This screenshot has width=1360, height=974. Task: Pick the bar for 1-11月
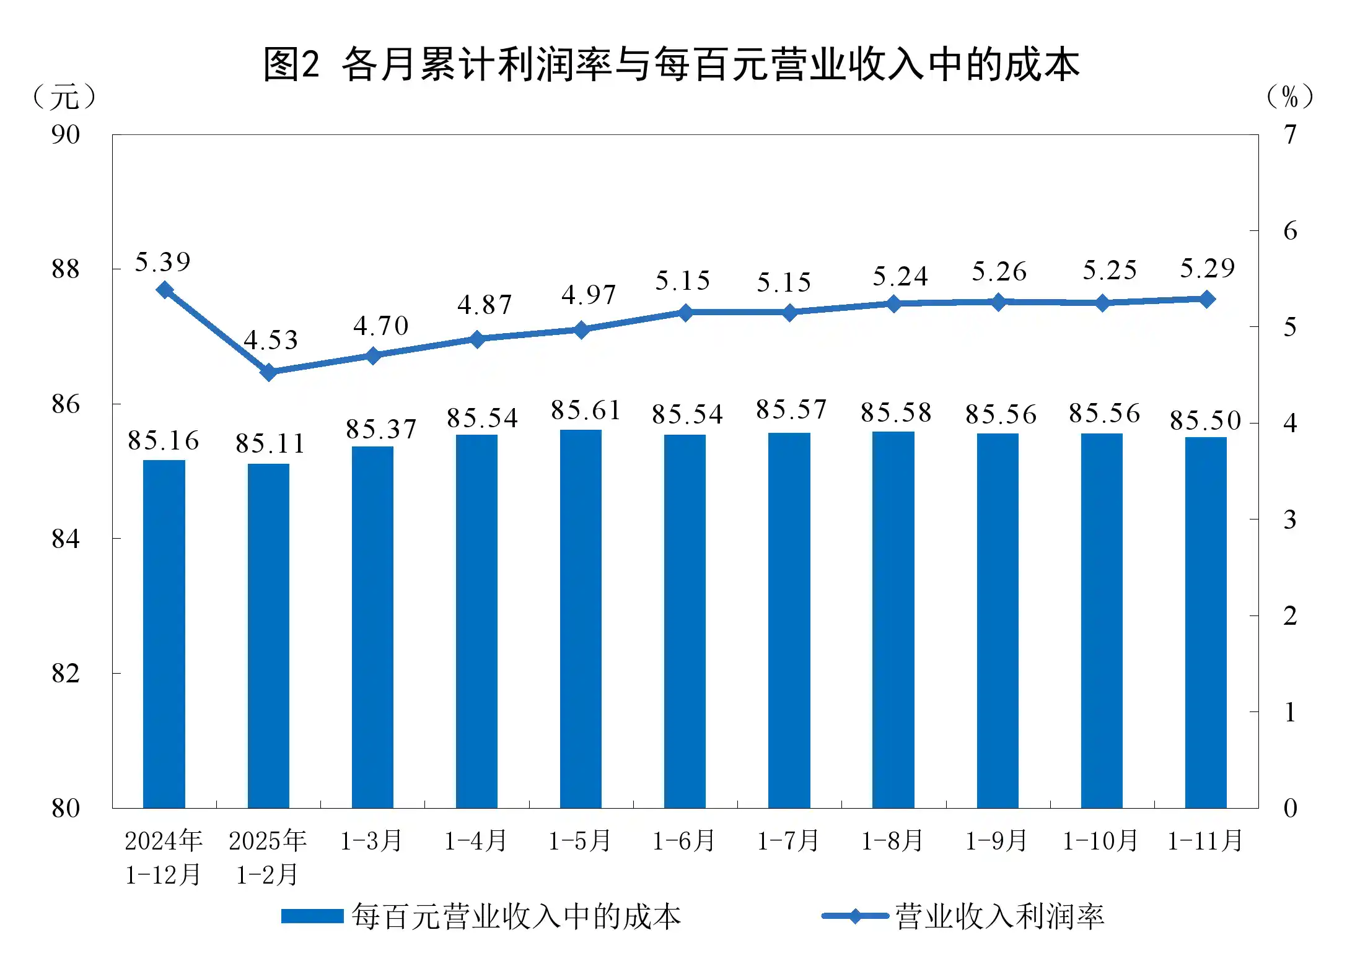pos(1206,622)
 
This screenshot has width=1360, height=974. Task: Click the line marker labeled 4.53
pos(269,372)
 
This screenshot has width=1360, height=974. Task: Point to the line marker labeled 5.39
pos(164,290)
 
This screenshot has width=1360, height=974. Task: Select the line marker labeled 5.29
pos(1207,300)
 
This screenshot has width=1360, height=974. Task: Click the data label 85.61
pos(586,411)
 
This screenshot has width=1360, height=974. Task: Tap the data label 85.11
pos(270,443)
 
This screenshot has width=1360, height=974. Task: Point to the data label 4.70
pos(381,326)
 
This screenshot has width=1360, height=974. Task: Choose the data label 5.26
pos(999,272)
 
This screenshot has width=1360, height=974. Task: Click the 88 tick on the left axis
pos(66,269)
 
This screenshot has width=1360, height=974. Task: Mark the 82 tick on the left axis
pos(66,674)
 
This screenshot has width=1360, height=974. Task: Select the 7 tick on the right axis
pos(1290,134)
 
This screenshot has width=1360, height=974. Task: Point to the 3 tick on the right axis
pos(1290,520)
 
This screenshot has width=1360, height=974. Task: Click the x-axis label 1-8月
pos(893,841)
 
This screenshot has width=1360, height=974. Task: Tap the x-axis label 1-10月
pos(1100,841)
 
